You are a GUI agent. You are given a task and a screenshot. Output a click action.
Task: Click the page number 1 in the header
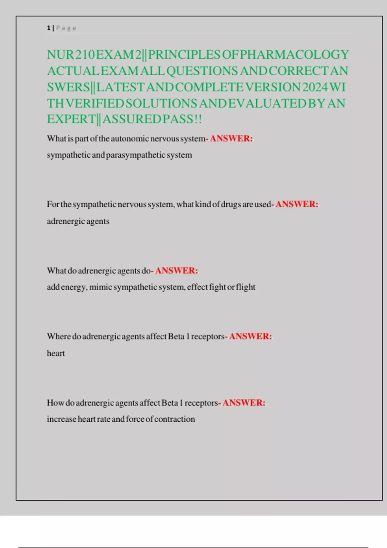pyautogui.click(x=49, y=28)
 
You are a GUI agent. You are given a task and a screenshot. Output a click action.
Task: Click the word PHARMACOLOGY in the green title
pyautogui.click(x=294, y=55)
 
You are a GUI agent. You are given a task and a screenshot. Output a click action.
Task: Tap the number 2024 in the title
pyautogui.click(x=315, y=87)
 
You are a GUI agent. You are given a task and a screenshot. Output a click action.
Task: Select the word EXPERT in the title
pyautogui.click(x=71, y=119)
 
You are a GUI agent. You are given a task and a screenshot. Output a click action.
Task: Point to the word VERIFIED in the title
pyautogui.click(x=95, y=103)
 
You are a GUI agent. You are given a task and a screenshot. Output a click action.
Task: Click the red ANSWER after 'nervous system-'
pyautogui.click(x=231, y=139)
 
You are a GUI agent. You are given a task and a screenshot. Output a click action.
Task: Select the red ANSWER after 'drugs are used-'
pyautogui.click(x=297, y=204)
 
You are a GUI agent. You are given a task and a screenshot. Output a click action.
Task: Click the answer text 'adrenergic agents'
pyautogui.click(x=78, y=221)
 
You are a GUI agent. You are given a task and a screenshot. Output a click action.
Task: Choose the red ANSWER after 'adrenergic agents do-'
pyautogui.click(x=176, y=270)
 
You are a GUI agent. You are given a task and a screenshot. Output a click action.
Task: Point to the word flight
pyautogui.click(x=246, y=287)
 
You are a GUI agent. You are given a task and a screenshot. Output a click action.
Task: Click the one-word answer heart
pyautogui.click(x=56, y=353)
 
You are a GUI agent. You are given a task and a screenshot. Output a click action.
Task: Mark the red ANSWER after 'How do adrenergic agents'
pyautogui.click(x=244, y=403)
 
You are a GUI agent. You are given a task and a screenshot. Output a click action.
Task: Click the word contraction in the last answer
pyautogui.click(x=174, y=419)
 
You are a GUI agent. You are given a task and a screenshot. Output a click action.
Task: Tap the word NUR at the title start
pyautogui.click(x=61, y=55)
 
